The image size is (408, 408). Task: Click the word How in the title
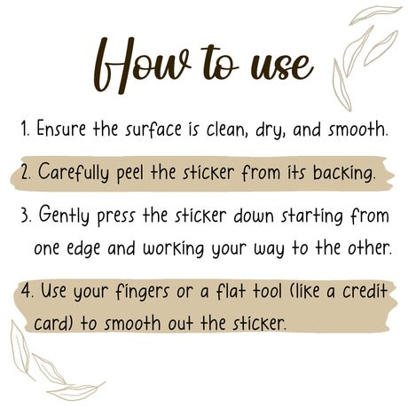[142, 65]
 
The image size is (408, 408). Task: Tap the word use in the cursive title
[282, 66]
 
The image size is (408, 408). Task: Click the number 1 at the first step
[25, 129]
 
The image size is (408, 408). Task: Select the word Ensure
[61, 129]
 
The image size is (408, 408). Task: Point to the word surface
[153, 129]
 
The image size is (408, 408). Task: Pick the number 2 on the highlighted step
[26, 172]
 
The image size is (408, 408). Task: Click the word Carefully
[74, 172]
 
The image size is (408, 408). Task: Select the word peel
[130, 173]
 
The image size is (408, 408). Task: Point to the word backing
[344, 173]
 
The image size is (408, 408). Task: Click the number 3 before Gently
[26, 215]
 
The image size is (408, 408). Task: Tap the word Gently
[64, 215]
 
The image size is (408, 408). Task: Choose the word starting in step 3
[312, 216]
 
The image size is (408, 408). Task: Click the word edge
[83, 248]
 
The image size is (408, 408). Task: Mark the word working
[174, 248]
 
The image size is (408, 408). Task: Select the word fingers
[142, 292]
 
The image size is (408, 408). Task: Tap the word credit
[365, 290]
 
